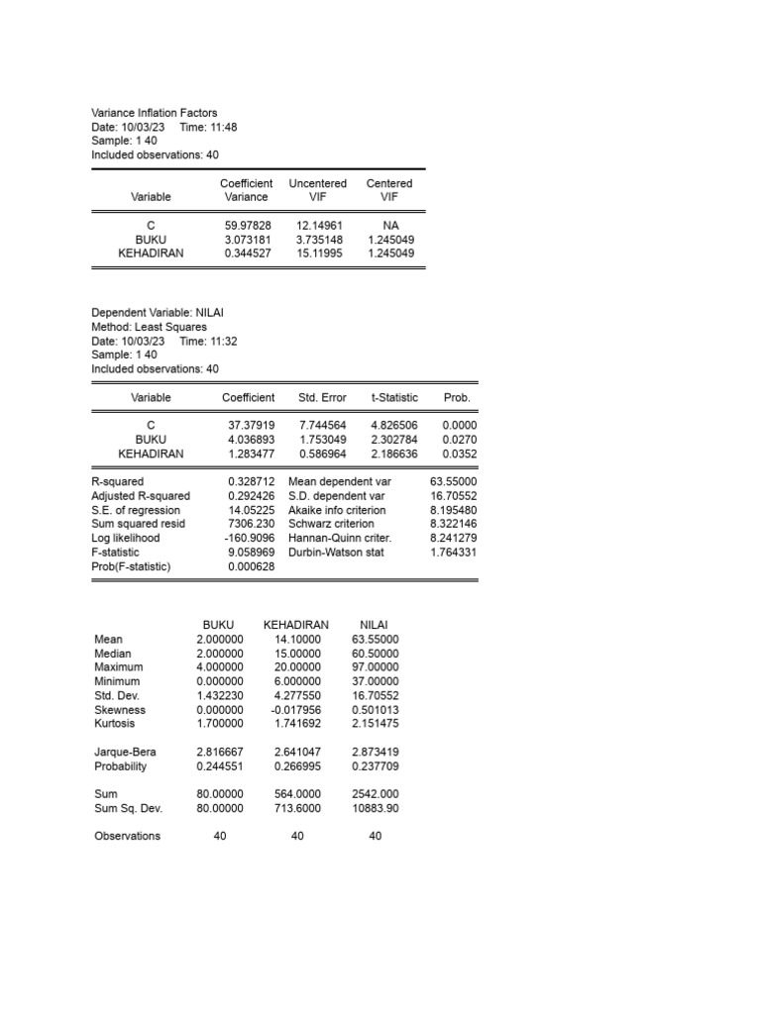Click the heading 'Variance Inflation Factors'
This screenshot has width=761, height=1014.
click(x=154, y=113)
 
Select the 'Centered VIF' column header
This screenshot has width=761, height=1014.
click(x=389, y=190)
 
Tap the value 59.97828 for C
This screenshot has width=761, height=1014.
click(x=248, y=226)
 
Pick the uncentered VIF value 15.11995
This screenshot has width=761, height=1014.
click(x=317, y=253)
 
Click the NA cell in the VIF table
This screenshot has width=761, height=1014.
click(x=389, y=226)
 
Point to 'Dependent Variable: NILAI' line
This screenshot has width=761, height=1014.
click(x=158, y=313)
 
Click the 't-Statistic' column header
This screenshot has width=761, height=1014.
click(x=394, y=397)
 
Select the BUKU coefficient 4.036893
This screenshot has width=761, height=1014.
click(x=248, y=440)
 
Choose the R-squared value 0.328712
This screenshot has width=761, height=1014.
click(x=248, y=482)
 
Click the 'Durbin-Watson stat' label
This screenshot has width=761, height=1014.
click(x=336, y=552)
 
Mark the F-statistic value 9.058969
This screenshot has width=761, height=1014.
click(x=248, y=552)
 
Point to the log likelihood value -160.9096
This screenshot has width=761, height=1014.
click(x=247, y=538)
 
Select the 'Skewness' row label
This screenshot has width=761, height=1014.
click(x=120, y=710)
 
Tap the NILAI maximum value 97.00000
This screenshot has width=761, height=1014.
click(x=375, y=667)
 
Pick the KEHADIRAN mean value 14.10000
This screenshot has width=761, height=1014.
click(x=298, y=640)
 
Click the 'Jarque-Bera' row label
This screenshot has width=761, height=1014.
click(x=125, y=753)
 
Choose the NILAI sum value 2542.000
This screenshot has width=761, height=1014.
click(x=375, y=794)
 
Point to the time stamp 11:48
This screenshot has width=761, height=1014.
click(x=223, y=127)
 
